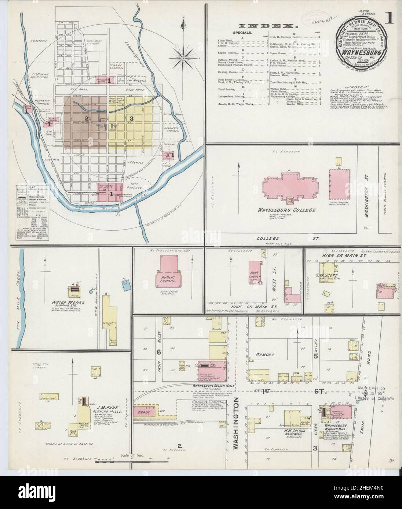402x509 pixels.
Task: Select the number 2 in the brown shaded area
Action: pos(86,118)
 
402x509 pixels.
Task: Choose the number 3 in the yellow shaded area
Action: pos(131,118)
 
